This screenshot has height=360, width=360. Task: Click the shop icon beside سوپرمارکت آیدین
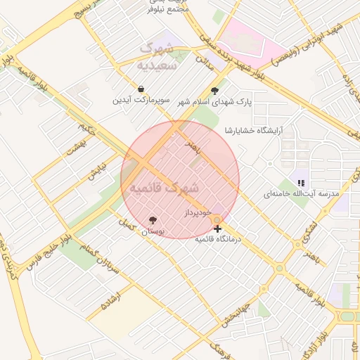[x=141, y=90]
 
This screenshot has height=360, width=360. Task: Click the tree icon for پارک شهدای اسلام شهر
[x=214, y=91]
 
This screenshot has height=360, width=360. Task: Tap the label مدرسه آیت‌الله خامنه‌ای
[x=301, y=193]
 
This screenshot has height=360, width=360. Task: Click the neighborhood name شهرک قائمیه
[x=160, y=188]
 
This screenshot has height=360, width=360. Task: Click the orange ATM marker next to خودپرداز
[x=217, y=219]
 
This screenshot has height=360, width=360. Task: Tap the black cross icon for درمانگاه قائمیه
[x=217, y=229]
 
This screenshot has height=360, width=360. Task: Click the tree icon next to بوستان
[x=153, y=220]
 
